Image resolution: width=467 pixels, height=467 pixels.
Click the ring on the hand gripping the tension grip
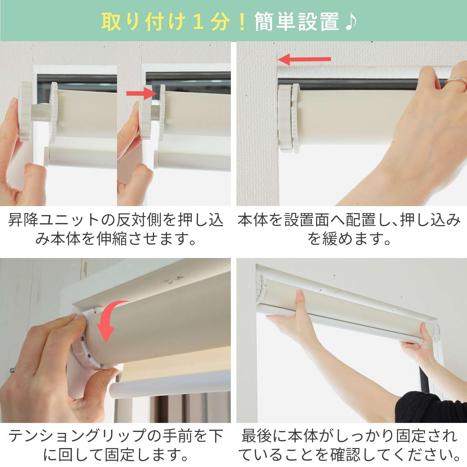tap(13, 370)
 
